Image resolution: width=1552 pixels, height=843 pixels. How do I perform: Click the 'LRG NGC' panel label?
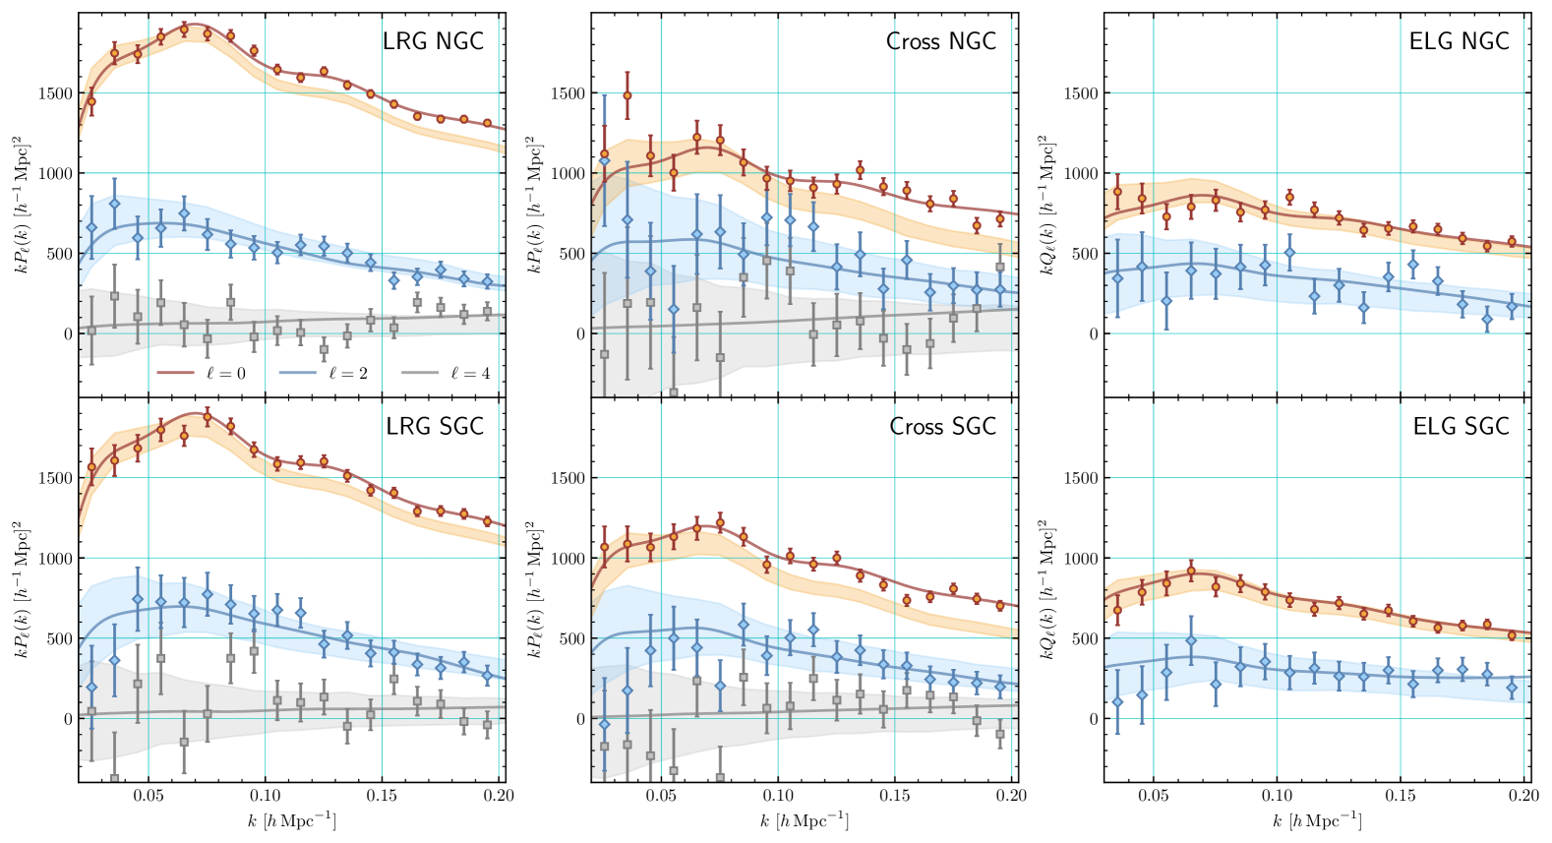coord(433,41)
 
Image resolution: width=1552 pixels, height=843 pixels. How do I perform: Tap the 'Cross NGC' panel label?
coord(941,41)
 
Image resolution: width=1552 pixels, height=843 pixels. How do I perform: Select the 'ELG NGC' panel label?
coord(1459,41)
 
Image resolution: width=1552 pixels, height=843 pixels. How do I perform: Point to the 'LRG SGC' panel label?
coord(435,426)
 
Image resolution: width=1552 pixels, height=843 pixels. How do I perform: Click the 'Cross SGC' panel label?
coord(942,426)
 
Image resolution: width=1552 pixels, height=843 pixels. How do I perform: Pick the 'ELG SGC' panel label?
coord(1461,426)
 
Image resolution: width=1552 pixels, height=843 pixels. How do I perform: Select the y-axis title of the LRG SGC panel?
coord(22,590)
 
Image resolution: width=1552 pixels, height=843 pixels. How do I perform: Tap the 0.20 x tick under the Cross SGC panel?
coord(1011,796)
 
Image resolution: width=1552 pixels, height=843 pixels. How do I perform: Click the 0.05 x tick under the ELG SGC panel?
coord(1154,796)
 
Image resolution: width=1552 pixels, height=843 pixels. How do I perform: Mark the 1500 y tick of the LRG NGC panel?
coord(55,93)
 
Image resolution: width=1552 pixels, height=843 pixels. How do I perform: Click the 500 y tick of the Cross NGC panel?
coord(572,254)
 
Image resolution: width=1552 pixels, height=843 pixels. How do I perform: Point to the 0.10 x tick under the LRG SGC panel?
coord(265,796)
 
